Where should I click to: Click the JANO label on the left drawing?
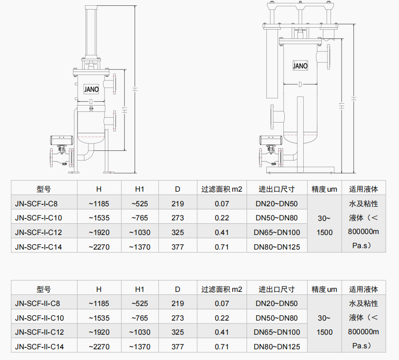[91, 90]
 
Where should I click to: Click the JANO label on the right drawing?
[300, 66]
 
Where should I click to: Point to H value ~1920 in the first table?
[99, 233]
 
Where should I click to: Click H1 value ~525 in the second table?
[139, 304]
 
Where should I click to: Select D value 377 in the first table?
[178, 247]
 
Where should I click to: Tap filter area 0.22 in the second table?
[222, 318]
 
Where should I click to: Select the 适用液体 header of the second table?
[364, 289]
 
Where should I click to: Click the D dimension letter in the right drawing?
[300, 85]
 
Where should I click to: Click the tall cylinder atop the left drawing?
[91, 32]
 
